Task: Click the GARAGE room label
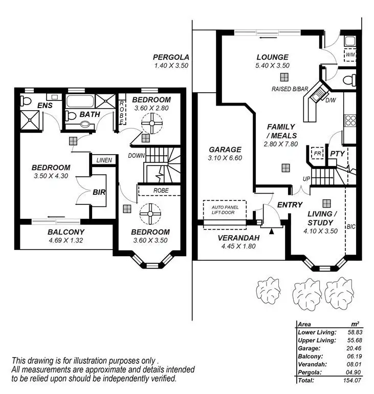(225, 150)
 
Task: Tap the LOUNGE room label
(273, 57)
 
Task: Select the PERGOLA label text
(171, 57)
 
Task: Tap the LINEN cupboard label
(104, 160)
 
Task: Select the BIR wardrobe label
(99, 193)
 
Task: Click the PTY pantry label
(336, 153)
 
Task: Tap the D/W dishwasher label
(331, 100)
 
